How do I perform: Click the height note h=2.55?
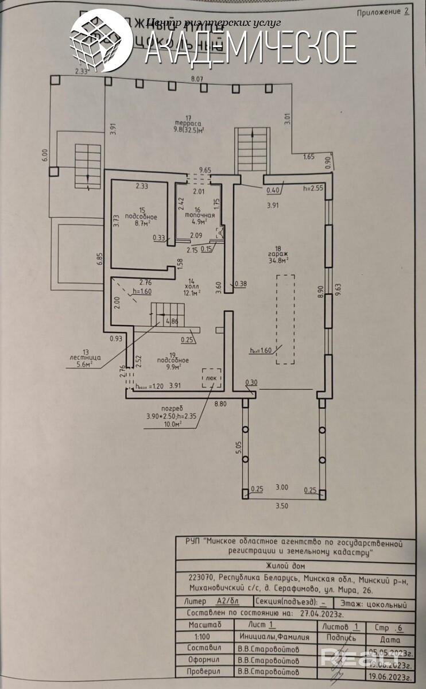coord(313,188)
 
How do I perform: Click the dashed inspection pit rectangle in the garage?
coord(284,319)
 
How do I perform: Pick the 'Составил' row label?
coord(204,648)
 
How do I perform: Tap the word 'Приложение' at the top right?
coord(378,11)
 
